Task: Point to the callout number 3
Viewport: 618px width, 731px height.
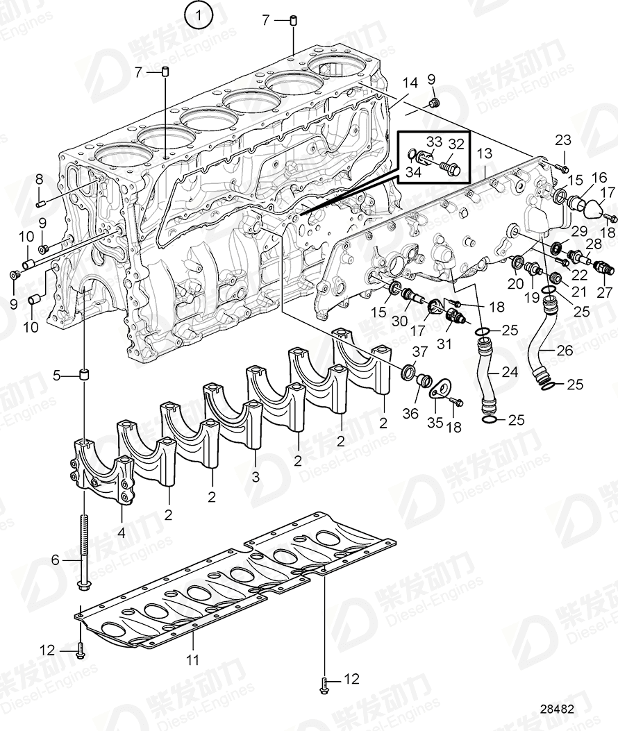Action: pos(256,478)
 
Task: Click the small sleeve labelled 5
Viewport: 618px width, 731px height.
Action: pos(84,376)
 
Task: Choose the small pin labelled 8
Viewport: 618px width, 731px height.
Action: pos(40,203)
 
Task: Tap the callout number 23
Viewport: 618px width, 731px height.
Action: pos(562,140)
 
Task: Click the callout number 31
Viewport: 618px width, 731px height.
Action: pos(444,344)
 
